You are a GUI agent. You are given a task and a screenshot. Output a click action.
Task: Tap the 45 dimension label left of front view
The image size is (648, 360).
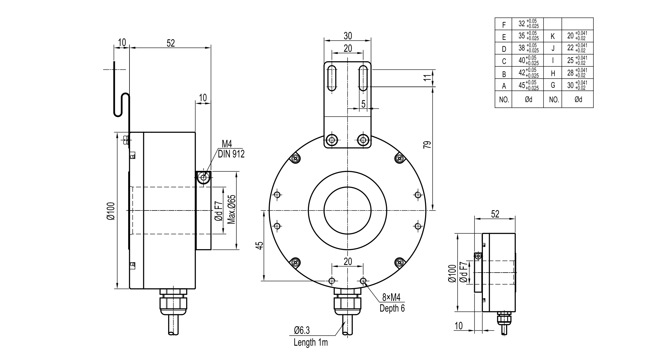pos(259,245)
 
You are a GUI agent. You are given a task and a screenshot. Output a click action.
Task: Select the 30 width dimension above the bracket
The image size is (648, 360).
pos(348,36)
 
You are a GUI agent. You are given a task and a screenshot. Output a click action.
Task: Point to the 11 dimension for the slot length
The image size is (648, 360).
pos(428,77)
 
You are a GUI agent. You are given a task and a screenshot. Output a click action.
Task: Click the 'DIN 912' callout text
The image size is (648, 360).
pos(231,154)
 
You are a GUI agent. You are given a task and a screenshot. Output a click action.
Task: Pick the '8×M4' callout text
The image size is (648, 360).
pos(391,297)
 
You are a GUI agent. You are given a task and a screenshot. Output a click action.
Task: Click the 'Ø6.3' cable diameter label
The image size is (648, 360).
pos(302,330)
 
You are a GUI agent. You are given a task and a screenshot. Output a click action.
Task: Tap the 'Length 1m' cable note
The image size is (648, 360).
pos(310,342)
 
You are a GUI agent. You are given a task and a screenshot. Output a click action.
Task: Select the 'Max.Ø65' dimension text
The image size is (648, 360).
pos(232,210)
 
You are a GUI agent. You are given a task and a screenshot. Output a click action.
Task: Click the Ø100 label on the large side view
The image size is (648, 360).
pos(111,211)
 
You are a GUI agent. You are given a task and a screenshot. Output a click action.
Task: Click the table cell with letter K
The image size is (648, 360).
pos(553,37)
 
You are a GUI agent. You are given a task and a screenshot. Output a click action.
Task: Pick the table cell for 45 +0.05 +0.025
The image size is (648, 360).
pos(528,85)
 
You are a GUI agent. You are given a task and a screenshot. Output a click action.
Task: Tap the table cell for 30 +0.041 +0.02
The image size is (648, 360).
pos(577,85)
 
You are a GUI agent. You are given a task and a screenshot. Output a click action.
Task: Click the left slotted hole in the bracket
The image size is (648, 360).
pos(332,78)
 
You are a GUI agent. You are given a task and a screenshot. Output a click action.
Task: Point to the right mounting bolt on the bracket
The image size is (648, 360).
pos(363,140)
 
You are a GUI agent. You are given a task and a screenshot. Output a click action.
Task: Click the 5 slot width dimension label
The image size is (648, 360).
pos(363,104)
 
